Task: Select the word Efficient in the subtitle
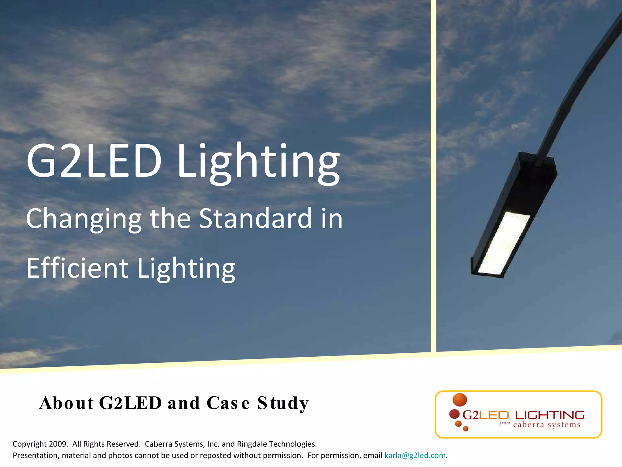[77, 268]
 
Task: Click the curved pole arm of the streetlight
[577, 91]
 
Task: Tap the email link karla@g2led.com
[415, 455]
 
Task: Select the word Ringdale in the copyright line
[252, 444]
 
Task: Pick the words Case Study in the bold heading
[258, 403]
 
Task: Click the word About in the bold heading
[66, 403]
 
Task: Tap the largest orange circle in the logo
[460, 400]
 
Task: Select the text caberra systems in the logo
[547, 425]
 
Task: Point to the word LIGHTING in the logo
[550, 415]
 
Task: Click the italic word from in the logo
[504, 423]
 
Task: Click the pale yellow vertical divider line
[434, 176]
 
